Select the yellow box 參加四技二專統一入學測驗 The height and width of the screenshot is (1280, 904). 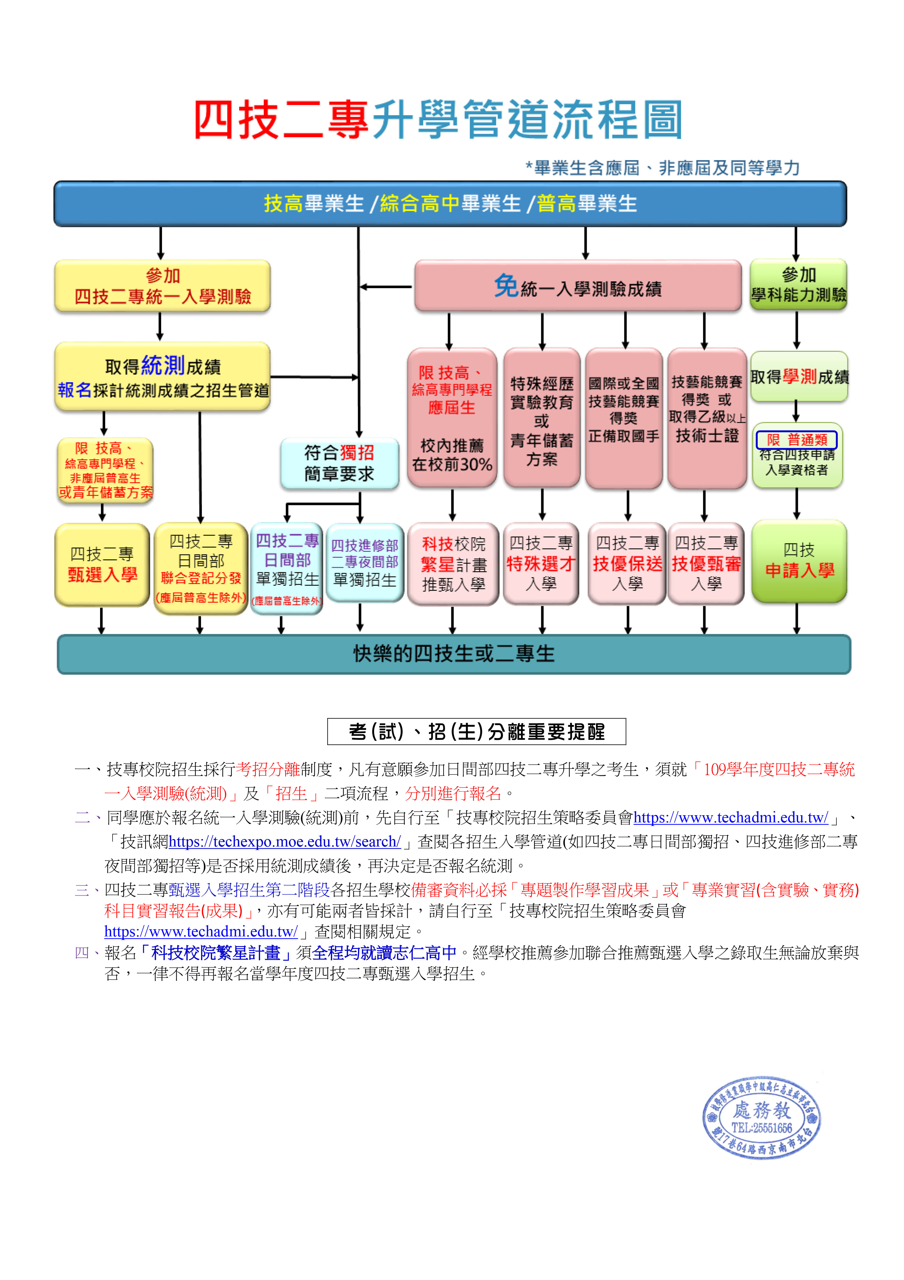click(162, 286)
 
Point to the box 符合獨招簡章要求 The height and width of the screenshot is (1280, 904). click(340, 463)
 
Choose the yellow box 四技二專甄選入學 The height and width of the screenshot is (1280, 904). click(102, 564)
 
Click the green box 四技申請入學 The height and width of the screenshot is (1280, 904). click(799, 561)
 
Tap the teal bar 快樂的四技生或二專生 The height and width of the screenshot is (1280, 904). click(454, 654)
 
